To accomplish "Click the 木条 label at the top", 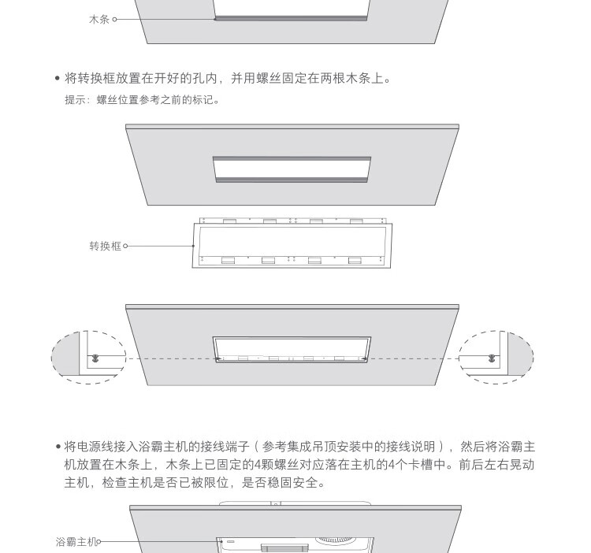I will (x=99, y=19).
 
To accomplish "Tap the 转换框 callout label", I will (x=106, y=246).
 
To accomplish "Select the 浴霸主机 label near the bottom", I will (x=76, y=542).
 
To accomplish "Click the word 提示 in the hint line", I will (x=75, y=100).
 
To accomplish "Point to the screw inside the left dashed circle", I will (x=95, y=358).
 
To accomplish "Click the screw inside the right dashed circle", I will (x=492, y=358).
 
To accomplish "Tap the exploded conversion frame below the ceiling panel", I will (x=293, y=245).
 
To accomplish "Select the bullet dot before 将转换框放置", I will (x=58, y=78).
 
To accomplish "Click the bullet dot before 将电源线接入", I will (x=58, y=447).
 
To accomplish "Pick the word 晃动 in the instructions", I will (x=522, y=465).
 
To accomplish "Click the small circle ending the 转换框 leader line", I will (x=125, y=246).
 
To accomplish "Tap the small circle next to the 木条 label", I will (x=115, y=19).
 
